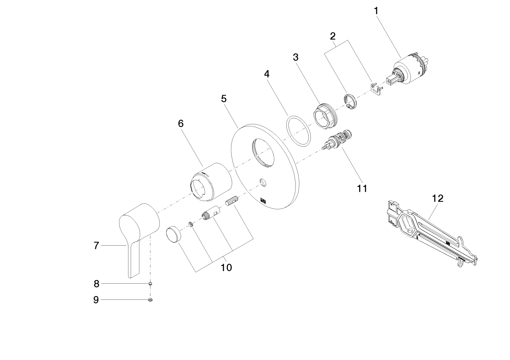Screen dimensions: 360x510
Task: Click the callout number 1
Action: (376, 11)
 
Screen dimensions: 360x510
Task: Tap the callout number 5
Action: (224, 99)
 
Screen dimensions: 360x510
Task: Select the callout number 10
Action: (226, 267)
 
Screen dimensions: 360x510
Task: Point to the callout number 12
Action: (438, 198)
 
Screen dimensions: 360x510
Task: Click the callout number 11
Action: (362, 189)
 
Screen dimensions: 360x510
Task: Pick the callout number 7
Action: (96, 246)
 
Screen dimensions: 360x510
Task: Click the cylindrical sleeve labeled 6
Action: (210, 182)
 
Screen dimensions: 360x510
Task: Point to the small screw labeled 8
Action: (150, 284)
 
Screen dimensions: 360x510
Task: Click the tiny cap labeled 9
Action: (150, 300)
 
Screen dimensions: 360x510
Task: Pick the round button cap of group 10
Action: (174, 233)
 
